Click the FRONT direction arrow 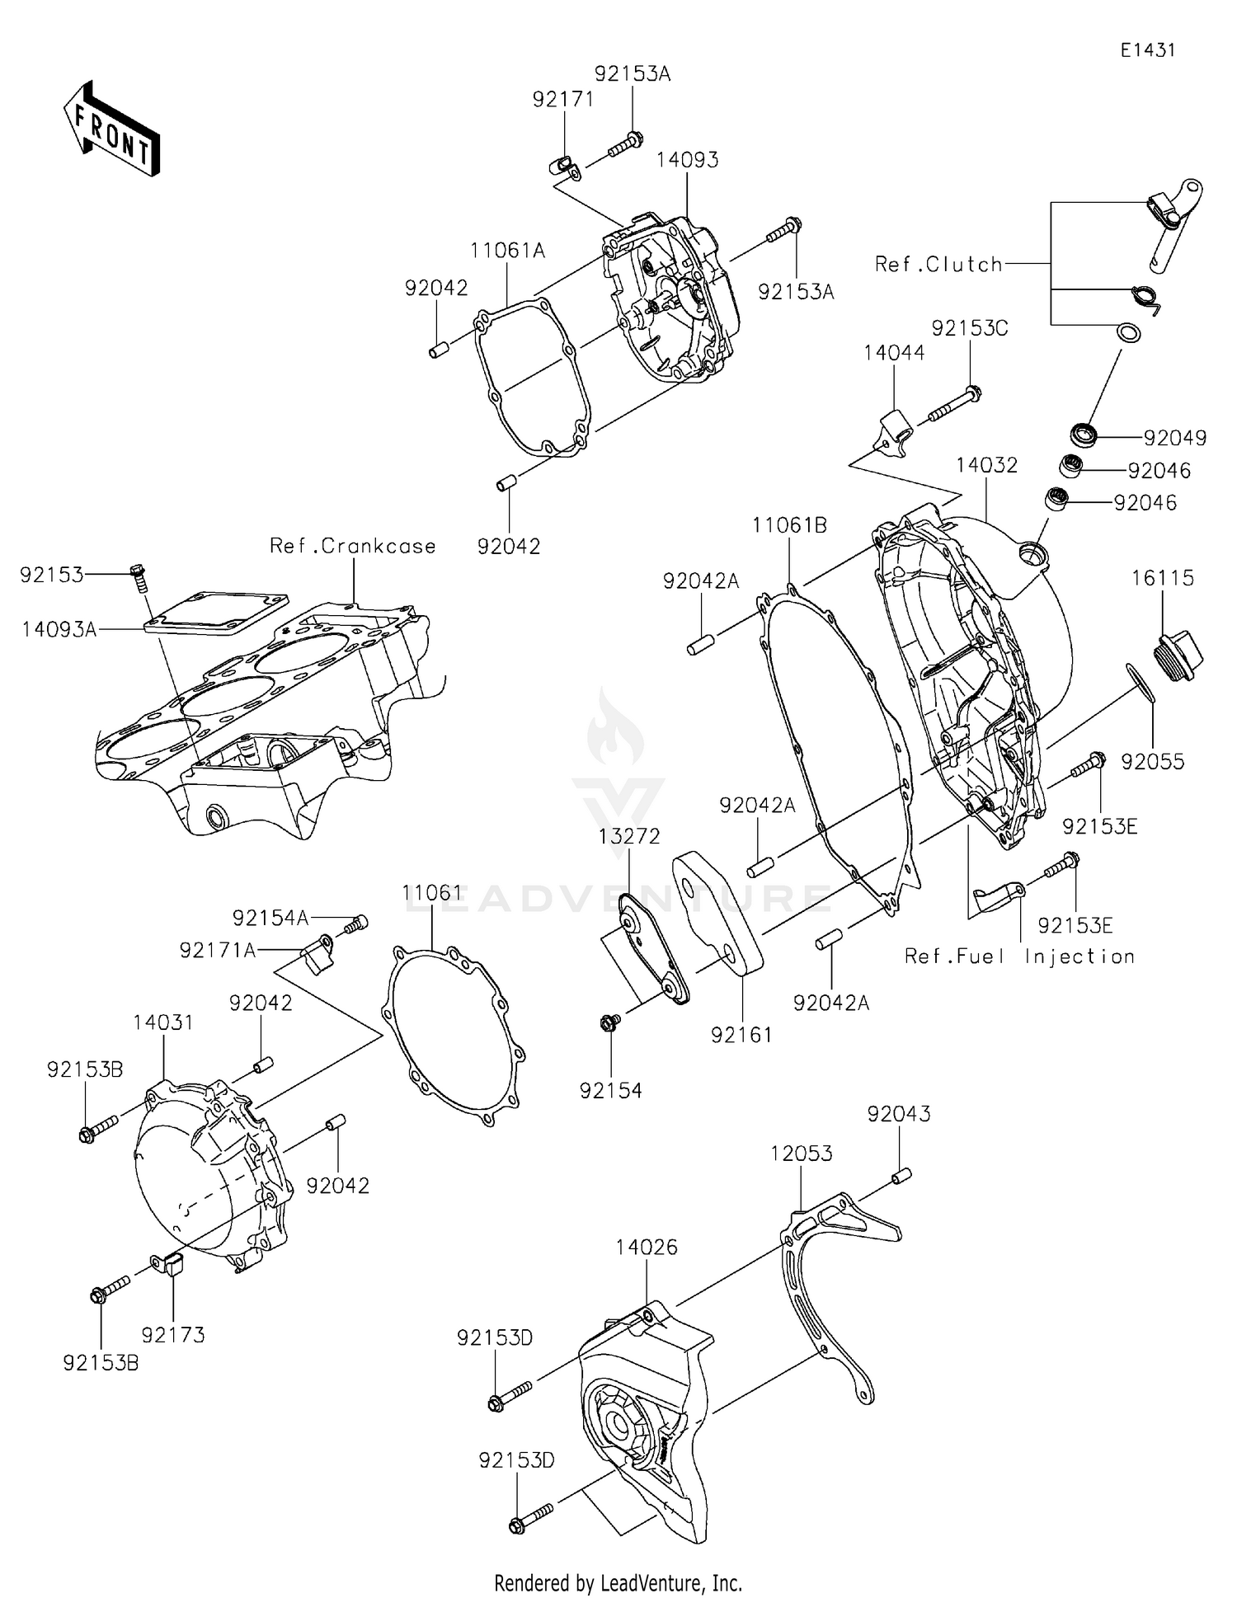[x=112, y=129]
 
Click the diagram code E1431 [x=1147, y=50]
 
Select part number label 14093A [x=59, y=629]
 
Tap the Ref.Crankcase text [x=352, y=546]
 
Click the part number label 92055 [x=1152, y=762]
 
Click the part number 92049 [x=1174, y=438]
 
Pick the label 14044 [x=894, y=353]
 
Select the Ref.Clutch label [x=938, y=265]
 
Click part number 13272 [x=629, y=836]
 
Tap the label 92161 [x=741, y=1035]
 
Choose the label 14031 [x=163, y=1022]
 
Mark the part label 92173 [x=172, y=1334]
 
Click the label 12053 [x=801, y=1153]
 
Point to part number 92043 [x=898, y=1113]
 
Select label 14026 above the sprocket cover [x=646, y=1247]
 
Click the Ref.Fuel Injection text [x=1019, y=956]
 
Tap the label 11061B [x=789, y=525]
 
